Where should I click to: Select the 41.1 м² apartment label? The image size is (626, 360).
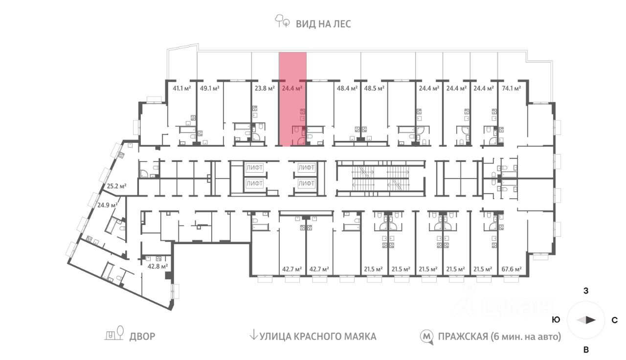pyautogui.click(x=181, y=89)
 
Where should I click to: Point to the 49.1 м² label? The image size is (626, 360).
pyautogui.click(x=209, y=89)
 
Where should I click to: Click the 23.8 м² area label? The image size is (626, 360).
pyautogui.click(x=264, y=89)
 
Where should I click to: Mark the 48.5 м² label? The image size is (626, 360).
pyautogui.click(x=374, y=89)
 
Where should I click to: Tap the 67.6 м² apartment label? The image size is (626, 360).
pyautogui.click(x=511, y=269)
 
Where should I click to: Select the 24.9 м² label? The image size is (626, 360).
pyautogui.click(x=106, y=205)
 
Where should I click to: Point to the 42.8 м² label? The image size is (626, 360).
pyautogui.click(x=157, y=266)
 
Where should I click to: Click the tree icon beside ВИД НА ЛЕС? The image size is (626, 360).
pyautogui.click(x=282, y=22)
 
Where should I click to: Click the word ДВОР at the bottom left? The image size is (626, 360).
pyautogui.click(x=142, y=337)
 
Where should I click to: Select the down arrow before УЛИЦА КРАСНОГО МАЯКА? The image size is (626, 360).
pyautogui.click(x=253, y=336)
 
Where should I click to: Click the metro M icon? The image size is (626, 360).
pyautogui.click(x=427, y=337)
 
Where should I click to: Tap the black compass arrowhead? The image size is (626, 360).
pyautogui.click(x=591, y=320)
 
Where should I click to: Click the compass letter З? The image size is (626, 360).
pyautogui.click(x=585, y=291)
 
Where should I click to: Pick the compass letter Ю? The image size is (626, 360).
pyautogui.click(x=556, y=320)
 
